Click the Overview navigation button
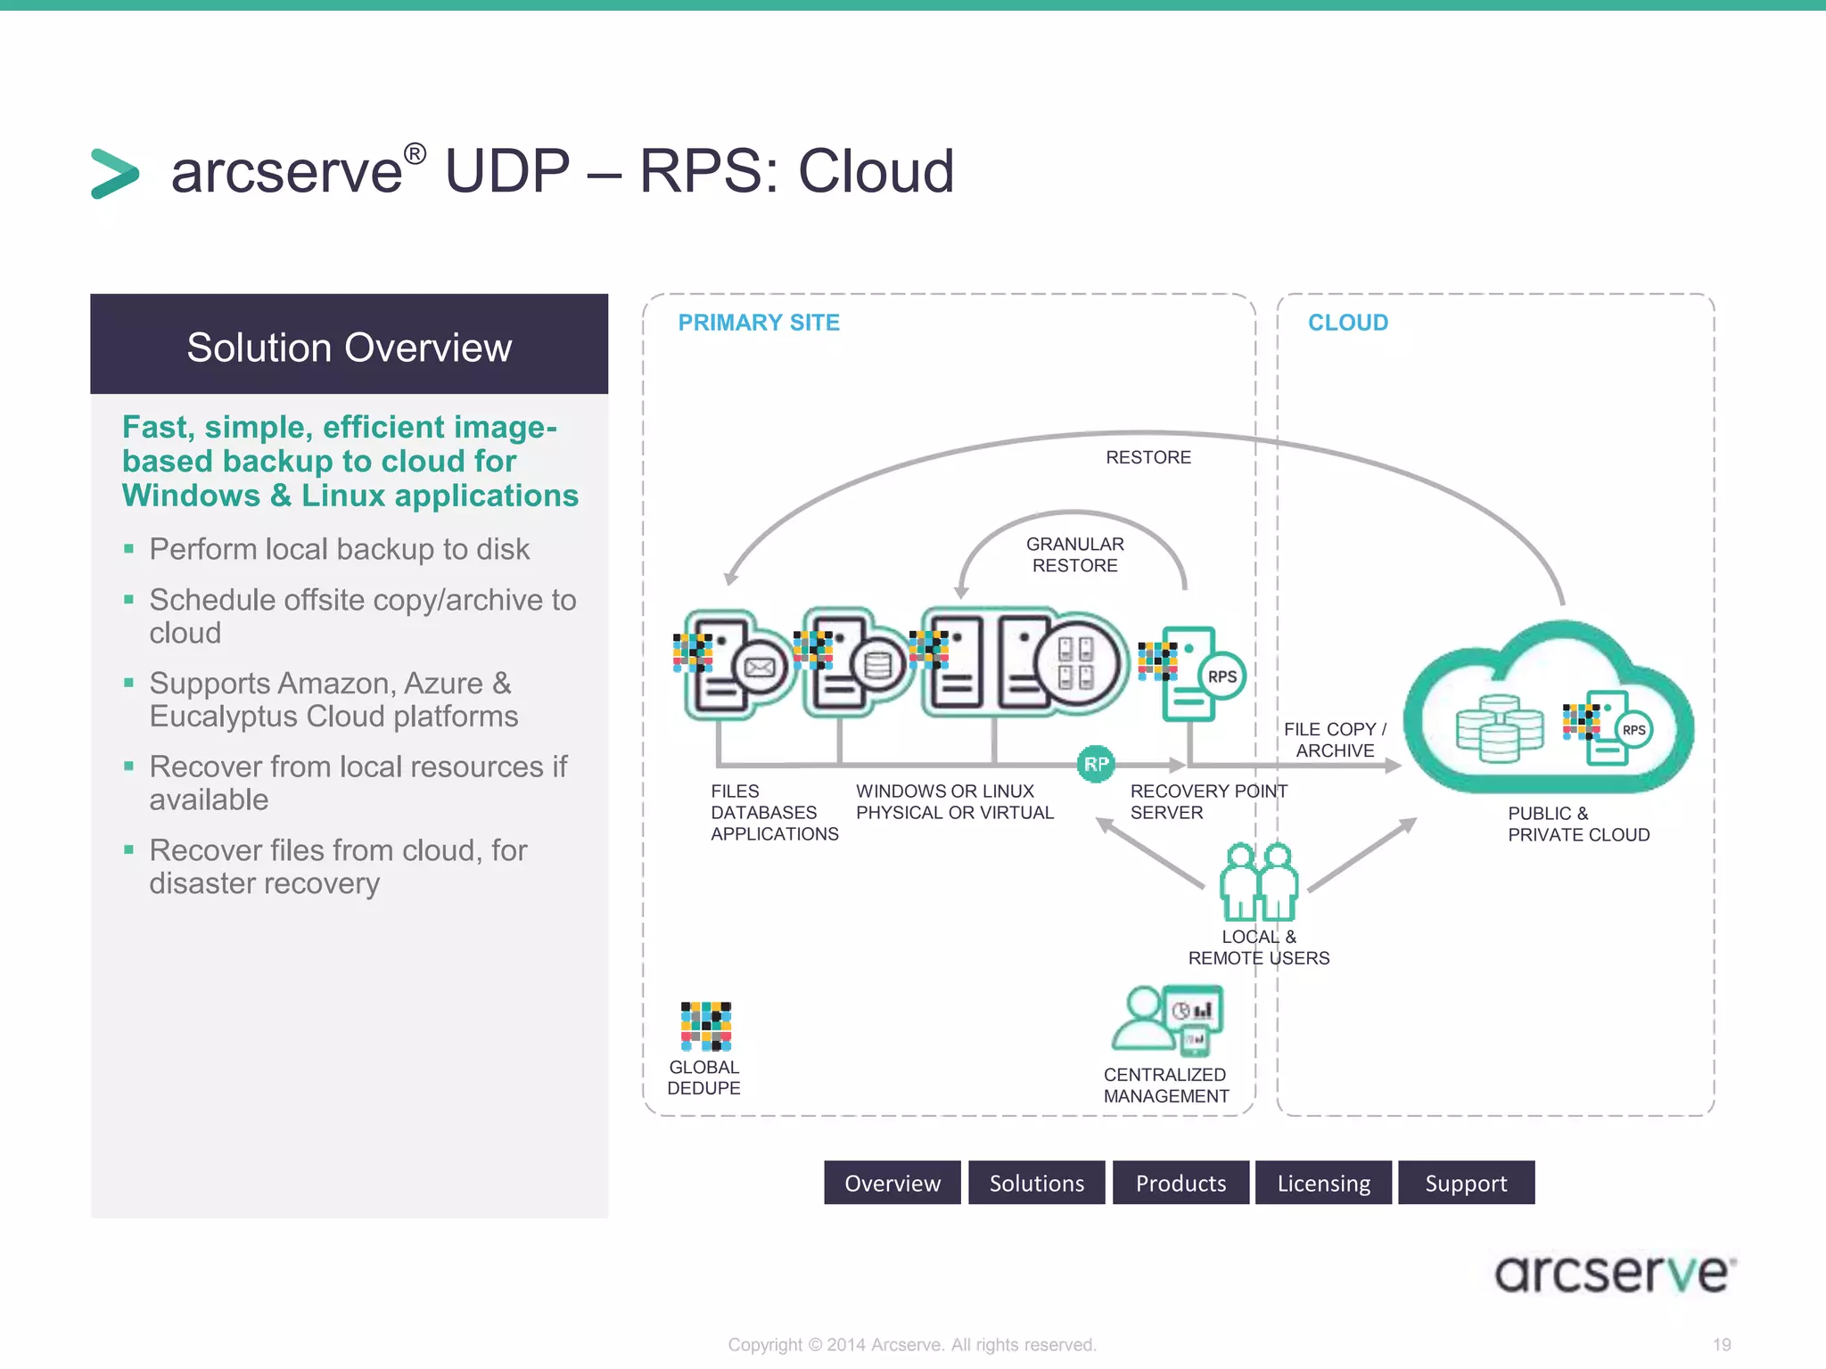pyautogui.click(x=892, y=1183)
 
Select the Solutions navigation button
pyautogui.click(x=1036, y=1183)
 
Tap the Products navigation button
pyautogui.click(x=1180, y=1183)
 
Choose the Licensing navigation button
pyautogui.click(x=1323, y=1183)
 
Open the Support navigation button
pyautogui.click(x=1466, y=1183)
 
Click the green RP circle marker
pyautogui.click(x=1096, y=764)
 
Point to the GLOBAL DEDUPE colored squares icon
pyautogui.click(x=705, y=1026)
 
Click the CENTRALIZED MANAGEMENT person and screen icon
pyautogui.click(x=1167, y=1020)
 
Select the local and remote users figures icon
pyautogui.click(x=1258, y=881)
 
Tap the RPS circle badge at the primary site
pyautogui.click(x=1221, y=676)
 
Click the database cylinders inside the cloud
pyautogui.click(x=1499, y=729)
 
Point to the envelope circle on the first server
pyautogui.click(x=759, y=668)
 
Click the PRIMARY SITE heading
pyautogui.click(x=759, y=323)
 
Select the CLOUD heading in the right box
pyautogui.click(x=1347, y=323)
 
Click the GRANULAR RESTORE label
pyautogui.click(x=1074, y=554)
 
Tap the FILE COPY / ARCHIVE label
pyautogui.click(x=1335, y=740)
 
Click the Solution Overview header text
pyautogui.click(x=349, y=348)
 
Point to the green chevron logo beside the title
pyautogui.click(x=115, y=173)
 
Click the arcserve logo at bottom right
pyautogui.click(x=1614, y=1273)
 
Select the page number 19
pyautogui.click(x=1721, y=1344)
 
